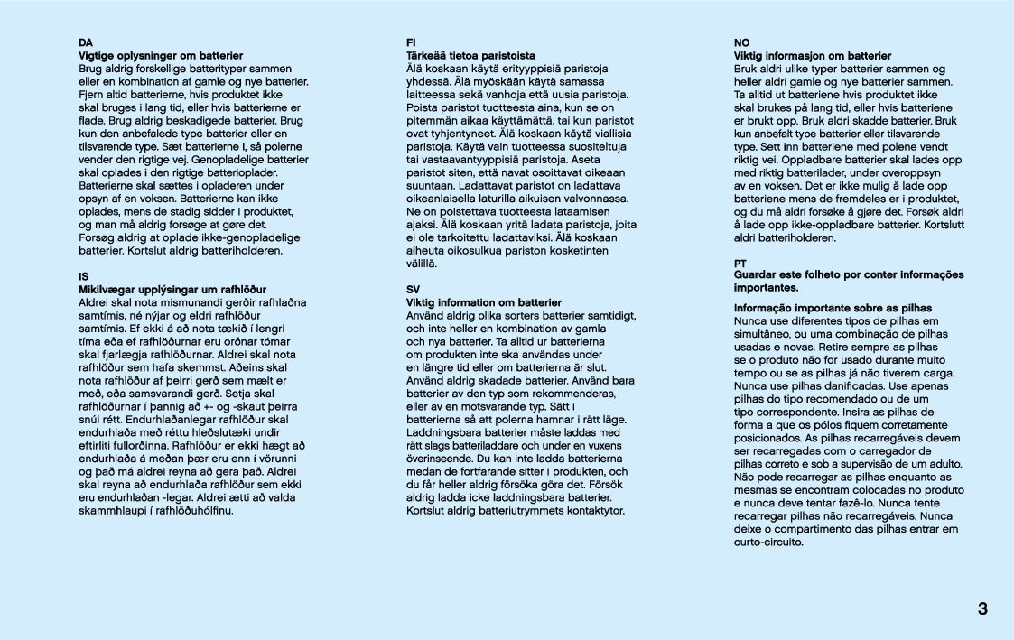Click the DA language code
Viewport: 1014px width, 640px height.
[86, 42]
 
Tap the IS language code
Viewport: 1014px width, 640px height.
[84, 275]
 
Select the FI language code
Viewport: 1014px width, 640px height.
[412, 42]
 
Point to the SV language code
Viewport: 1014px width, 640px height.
[414, 289]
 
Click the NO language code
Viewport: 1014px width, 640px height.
[741, 42]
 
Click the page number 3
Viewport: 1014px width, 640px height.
[982, 608]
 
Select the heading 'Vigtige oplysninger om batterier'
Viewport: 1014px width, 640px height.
[161, 56]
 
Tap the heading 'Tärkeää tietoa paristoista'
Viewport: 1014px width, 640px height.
[470, 56]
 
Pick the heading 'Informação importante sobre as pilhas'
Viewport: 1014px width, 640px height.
[833, 308]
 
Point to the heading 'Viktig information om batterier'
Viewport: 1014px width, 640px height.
[484, 302]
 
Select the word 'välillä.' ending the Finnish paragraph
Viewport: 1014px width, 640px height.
[422, 264]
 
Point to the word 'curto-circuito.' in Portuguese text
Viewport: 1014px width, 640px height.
[768, 543]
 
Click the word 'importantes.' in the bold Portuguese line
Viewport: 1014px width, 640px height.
[766, 288]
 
